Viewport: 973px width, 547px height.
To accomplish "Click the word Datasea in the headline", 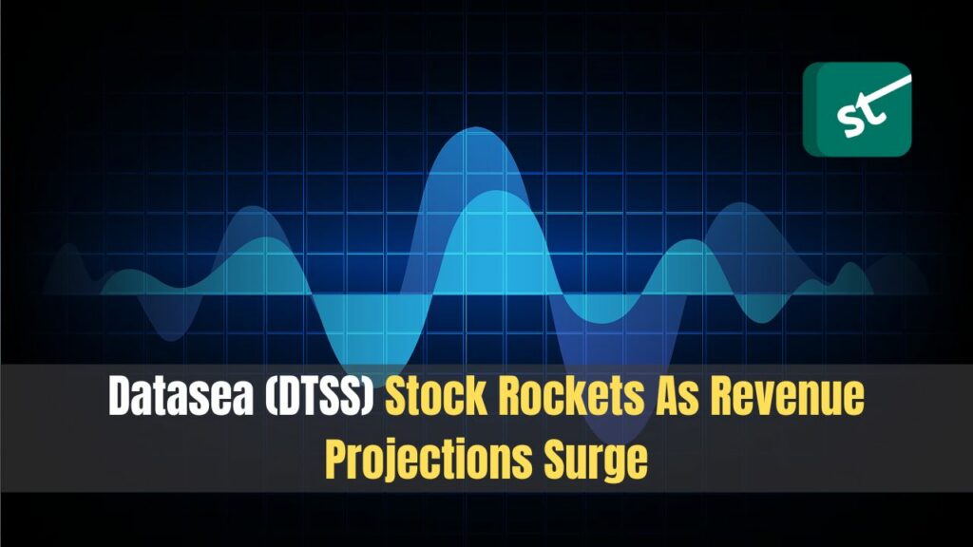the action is point(181,396).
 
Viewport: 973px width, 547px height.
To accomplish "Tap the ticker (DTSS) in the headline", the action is point(319,396).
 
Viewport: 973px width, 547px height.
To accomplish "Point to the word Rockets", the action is point(571,396).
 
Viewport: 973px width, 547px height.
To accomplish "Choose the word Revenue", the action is point(787,396).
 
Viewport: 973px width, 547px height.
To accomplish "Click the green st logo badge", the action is point(857,109).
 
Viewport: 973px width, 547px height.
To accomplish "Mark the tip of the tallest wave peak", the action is point(476,127).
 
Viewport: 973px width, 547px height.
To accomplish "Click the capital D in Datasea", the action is point(121,396).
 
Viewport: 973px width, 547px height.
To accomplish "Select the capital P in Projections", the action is point(337,459).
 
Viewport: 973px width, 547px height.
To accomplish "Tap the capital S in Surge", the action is point(554,460).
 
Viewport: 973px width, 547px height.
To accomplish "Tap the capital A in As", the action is point(667,396).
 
